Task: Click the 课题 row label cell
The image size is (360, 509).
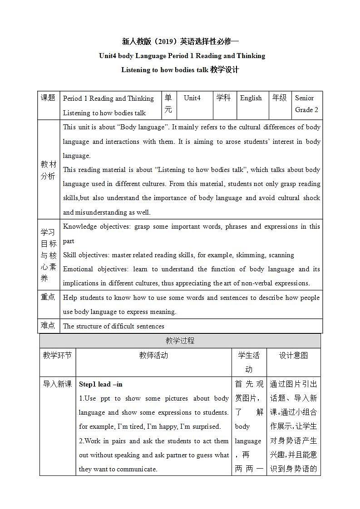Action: point(48,98)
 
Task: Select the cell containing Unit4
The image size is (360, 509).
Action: point(192,98)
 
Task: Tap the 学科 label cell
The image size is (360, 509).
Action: point(223,98)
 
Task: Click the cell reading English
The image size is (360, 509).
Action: point(251,98)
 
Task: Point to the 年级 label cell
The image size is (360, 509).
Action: point(280,98)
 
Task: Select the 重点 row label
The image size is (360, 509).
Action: point(48,297)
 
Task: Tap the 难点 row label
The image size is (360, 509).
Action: point(48,326)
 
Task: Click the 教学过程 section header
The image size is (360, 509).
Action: point(180,341)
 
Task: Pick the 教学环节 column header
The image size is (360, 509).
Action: point(57,356)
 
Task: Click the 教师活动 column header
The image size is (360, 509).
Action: point(153,356)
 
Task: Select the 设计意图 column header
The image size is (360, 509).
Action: point(293,356)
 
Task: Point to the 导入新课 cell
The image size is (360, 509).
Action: point(57,384)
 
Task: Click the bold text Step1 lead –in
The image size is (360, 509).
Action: point(101,384)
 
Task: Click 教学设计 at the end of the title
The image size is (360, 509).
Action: point(224,70)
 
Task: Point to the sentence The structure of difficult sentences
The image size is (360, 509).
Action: point(113,326)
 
